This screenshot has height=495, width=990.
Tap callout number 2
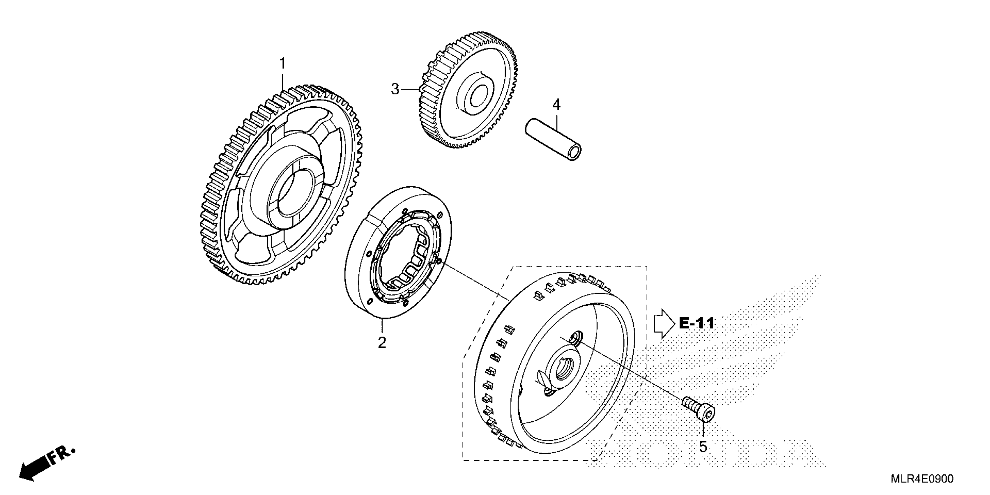[382, 342]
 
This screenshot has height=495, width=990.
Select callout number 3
[395, 90]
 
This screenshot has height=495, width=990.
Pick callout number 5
[703, 447]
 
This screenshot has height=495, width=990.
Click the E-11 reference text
[696, 323]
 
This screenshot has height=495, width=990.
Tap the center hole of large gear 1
[292, 196]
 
